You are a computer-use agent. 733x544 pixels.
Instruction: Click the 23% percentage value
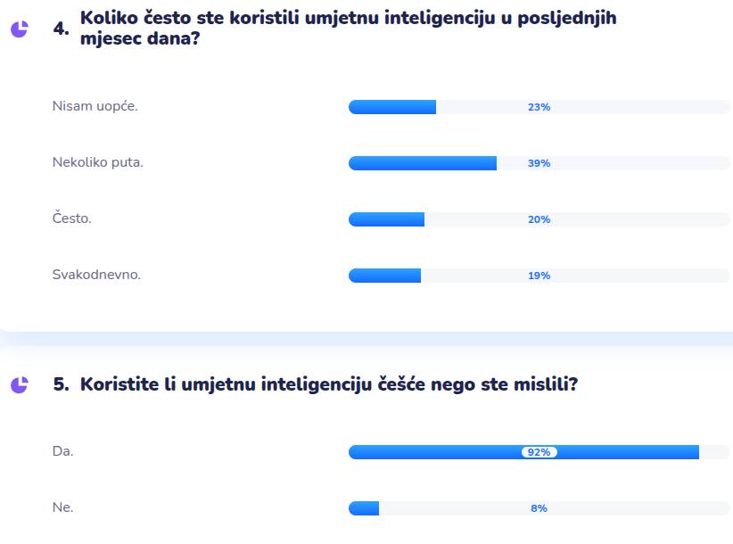(539, 107)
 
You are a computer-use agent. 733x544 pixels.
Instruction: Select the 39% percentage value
(539, 163)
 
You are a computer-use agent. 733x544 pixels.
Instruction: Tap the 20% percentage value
(539, 219)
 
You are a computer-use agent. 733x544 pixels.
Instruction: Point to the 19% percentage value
(539, 276)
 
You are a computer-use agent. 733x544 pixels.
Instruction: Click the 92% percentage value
(539, 452)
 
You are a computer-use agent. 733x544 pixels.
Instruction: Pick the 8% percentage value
(539, 508)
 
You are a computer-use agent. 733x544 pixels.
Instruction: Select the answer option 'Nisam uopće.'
(95, 106)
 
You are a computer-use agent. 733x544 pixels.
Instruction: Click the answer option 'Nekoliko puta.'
(98, 162)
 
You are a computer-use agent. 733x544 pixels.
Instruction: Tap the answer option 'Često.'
(71, 218)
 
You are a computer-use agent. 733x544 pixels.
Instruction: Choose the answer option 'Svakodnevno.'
(96, 275)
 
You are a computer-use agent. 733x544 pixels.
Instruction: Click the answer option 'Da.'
(62, 451)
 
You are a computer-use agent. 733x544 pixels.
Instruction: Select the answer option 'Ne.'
(62, 507)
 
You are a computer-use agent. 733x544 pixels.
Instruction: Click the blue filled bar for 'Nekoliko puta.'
(422, 163)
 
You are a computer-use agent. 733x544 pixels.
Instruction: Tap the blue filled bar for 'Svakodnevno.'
(384, 276)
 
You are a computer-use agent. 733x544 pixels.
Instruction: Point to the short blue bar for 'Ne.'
(364, 508)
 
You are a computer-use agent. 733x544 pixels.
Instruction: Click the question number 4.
(61, 29)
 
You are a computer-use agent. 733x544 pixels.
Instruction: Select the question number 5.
(61, 384)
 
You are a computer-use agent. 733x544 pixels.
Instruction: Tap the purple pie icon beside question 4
(19, 29)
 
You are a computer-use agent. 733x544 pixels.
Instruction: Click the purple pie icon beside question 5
(19, 384)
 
